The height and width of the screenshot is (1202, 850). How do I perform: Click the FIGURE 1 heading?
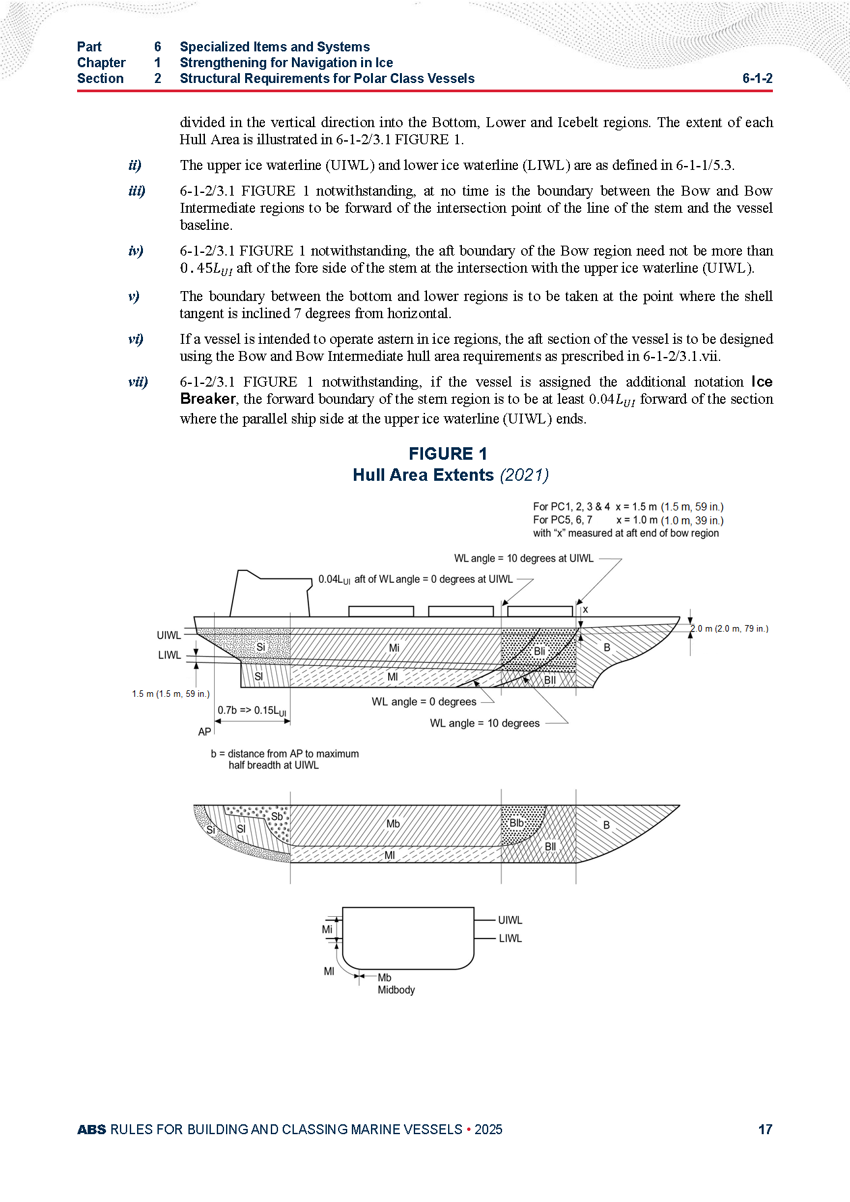(447, 454)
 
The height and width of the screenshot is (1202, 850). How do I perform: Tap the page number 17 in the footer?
(764, 1130)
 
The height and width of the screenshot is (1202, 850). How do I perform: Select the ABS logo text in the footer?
(92, 1130)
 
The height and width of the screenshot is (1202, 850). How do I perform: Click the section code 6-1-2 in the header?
(757, 78)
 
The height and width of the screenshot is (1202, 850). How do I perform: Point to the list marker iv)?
(136, 251)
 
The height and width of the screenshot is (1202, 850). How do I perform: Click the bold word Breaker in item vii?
(208, 399)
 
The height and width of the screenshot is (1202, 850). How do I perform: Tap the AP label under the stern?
(204, 732)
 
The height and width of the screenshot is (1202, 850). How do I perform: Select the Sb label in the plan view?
(277, 817)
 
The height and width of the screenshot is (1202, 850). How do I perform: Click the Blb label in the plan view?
(517, 823)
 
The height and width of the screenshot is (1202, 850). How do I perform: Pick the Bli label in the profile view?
(539, 651)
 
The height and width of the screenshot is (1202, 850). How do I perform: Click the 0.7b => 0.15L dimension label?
(252, 711)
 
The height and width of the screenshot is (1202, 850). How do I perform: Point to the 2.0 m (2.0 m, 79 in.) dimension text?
(729, 629)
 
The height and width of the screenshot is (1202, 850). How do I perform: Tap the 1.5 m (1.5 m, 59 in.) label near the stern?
(171, 694)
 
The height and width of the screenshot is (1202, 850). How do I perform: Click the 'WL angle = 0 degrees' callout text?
(424, 702)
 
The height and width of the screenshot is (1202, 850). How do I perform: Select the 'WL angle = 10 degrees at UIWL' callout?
(524, 559)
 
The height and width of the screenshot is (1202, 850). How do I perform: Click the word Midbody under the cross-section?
(396, 990)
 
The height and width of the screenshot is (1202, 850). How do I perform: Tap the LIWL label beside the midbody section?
(510, 939)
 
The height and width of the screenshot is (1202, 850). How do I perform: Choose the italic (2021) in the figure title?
(524, 475)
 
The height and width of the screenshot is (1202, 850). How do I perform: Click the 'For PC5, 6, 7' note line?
(562, 520)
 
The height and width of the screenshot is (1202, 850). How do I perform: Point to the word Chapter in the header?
(101, 63)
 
